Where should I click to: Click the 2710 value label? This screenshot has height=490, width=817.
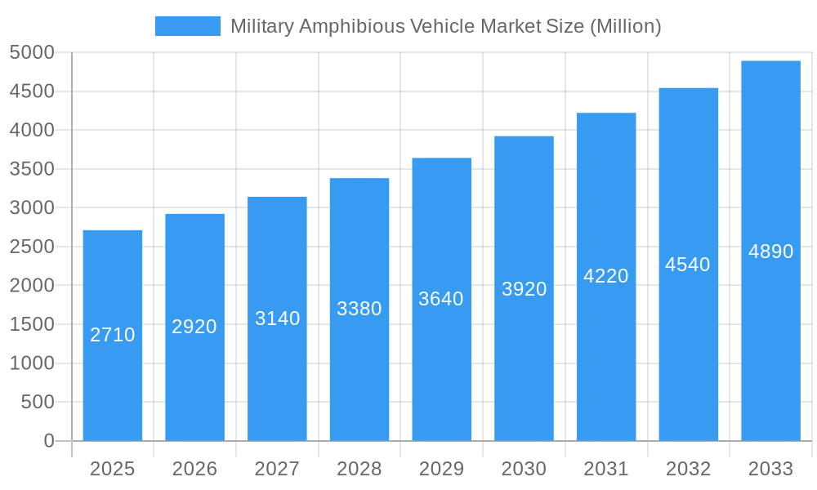pyautogui.click(x=113, y=335)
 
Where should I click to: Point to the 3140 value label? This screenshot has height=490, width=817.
pyautogui.click(x=278, y=318)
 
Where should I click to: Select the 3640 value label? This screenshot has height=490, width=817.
pyautogui.click(x=441, y=299)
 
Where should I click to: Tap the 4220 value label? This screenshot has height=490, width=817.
pyautogui.click(x=606, y=276)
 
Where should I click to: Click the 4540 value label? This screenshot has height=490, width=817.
pyautogui.click(x=688, y=265)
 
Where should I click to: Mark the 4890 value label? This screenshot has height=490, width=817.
pyautogui.click(x=770, y=252)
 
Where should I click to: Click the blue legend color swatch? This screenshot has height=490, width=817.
pyautogui.click(x=188, y=26)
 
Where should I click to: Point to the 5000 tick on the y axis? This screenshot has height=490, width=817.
pyautogui.click(x=32, y=52)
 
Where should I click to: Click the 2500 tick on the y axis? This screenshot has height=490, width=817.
pyautogui.click(x=32, y=247)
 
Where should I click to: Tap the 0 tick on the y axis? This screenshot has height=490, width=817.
pyautogui.click(x=49, y=441)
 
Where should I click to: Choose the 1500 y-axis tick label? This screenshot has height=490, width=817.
pyautogui.click(x=32, y=324)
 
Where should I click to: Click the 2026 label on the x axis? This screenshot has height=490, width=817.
pyautogui.click(x=194, y=469)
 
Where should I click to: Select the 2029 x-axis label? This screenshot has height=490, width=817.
pyautogui.click(x=441, y=469)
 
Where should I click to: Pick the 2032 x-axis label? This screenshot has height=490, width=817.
pyautogui.click(x=688, y=469)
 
